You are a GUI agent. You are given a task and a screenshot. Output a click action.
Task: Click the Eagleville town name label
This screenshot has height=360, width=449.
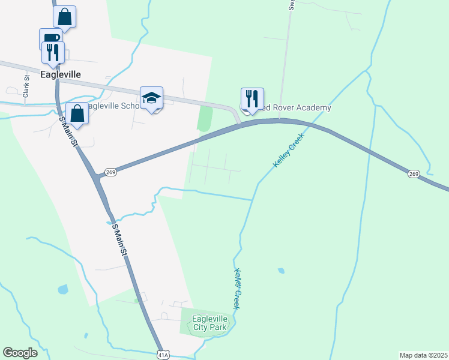[60, 74]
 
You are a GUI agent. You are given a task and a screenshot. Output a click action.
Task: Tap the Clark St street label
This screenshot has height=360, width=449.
[26, 86]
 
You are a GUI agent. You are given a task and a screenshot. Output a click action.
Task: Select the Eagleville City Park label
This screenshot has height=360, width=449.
[209, 323]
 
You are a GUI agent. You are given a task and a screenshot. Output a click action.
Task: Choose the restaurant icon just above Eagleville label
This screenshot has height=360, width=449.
[53, 52]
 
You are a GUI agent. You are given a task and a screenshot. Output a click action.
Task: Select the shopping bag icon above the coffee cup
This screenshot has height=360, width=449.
[65, 17]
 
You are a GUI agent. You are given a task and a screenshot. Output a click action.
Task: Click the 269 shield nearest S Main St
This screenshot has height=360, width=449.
[110, 172]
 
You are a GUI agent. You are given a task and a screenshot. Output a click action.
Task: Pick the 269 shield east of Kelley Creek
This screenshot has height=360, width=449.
[414, 174]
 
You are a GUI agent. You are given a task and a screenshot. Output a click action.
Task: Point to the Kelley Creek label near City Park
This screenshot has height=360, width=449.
[238, 288]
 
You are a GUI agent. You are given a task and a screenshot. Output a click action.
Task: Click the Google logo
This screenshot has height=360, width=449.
[20, 353]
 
